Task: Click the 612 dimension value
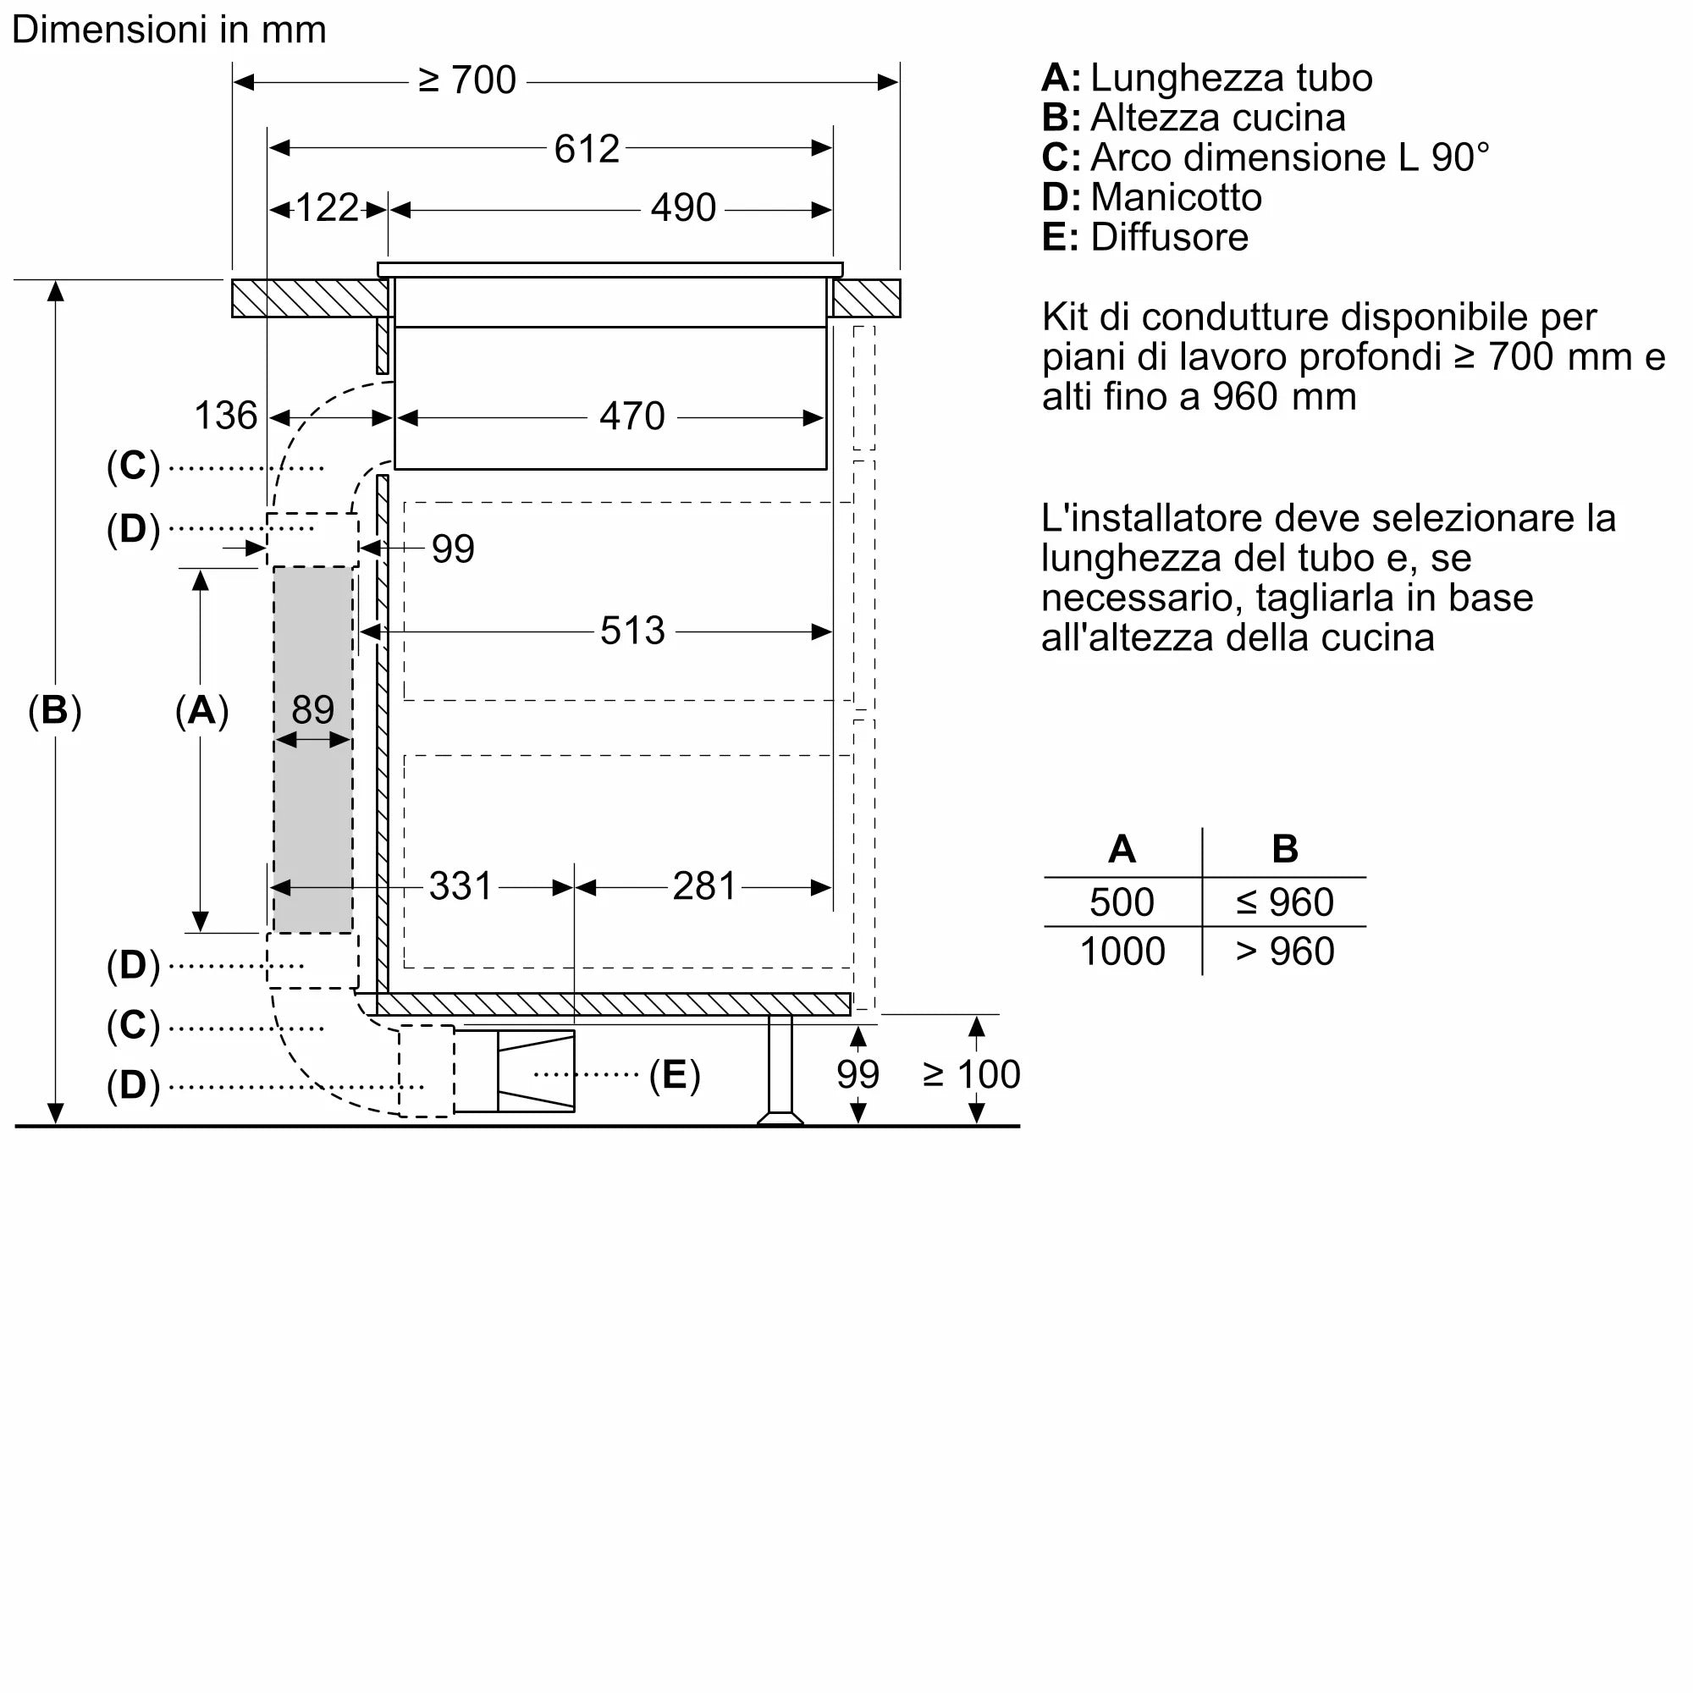click(x=587, y=149)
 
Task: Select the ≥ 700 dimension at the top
click(x=467, y=80)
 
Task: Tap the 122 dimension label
click(x=327, y=208)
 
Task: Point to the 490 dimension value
click(x=682, y=208)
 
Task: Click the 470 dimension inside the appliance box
click(x=631, y=416)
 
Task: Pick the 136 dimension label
click(x=225, y=416)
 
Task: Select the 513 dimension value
click(x=631, y=631)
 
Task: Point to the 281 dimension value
click(x=703, y=886)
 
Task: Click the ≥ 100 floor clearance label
click(x=971, y=1074)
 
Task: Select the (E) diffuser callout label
click(x=674, y=1074)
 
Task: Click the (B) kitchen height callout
click(x=54, y=710)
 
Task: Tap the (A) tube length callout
click(x=201, y=710)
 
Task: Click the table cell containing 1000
click(x=1122, y=951)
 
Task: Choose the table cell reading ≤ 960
click(x=1285, y=902)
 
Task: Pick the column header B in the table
click(x=1285, y=848)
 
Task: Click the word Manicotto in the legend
click(x=1176, y=197)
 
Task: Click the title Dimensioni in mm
click(x=169, y=30)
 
